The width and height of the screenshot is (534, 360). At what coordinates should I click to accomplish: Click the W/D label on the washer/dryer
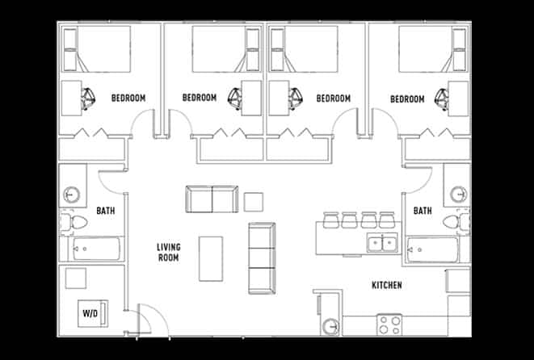90,312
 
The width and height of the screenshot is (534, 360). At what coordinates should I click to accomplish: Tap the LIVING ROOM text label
167,252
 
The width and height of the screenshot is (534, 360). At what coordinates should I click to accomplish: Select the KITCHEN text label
386,286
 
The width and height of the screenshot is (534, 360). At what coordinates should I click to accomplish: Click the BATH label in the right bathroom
423,211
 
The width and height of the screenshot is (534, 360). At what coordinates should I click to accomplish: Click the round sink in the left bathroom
71,195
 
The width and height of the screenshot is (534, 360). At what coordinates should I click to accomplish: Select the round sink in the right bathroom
458,195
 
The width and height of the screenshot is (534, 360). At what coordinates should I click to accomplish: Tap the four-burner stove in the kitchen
389,325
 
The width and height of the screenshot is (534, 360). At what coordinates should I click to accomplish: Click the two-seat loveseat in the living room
212,199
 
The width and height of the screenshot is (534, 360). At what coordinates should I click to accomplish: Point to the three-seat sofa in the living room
262,257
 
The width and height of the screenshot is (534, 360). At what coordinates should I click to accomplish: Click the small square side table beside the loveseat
254,201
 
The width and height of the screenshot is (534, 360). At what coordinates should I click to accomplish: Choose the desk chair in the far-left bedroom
87,97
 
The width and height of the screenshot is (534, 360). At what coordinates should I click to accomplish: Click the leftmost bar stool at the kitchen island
330,220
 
